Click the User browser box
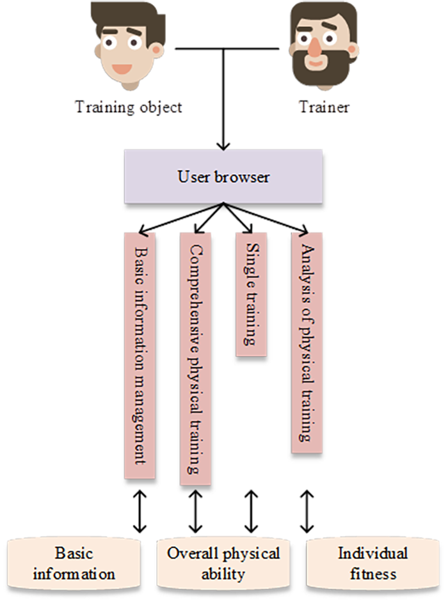click(x=223, y=176)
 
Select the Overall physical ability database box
click(x=223, y=563)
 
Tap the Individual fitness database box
click(x=372, y=563)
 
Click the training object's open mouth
click(x=122, y=68)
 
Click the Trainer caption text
click(x=323, y=107)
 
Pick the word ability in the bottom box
click(x=223, y=574)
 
